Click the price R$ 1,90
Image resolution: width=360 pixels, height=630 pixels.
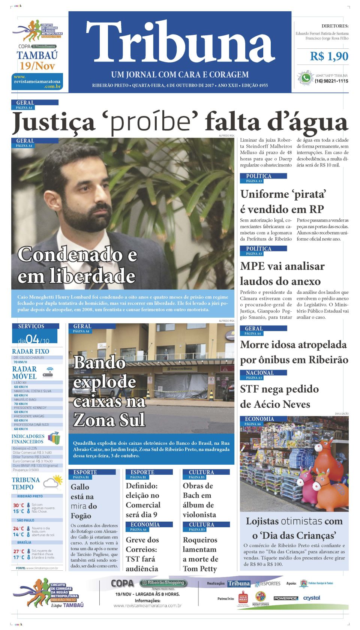point(329,57)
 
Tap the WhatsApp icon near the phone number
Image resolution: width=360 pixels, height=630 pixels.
point(306,78)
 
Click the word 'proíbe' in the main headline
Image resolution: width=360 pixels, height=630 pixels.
point(154,122)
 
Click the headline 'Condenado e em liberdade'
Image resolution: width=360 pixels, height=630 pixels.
point(77,265)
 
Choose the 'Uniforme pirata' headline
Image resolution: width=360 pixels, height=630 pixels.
point(282,201)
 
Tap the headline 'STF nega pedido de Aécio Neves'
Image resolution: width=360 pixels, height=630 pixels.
point(279,396)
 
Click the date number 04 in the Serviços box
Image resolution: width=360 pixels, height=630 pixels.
point(32,339)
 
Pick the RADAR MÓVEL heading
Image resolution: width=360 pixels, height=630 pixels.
point(24,372)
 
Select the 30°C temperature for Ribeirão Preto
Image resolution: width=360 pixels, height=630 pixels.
point(18,505)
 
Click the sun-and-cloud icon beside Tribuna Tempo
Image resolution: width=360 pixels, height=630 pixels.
point(53,482)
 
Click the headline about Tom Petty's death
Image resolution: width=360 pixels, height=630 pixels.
point(201,554)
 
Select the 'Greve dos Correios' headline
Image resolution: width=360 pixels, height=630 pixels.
point(143,554)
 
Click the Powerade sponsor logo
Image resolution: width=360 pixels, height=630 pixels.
point(285,598)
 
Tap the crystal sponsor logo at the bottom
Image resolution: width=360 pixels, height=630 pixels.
point(312,598)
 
